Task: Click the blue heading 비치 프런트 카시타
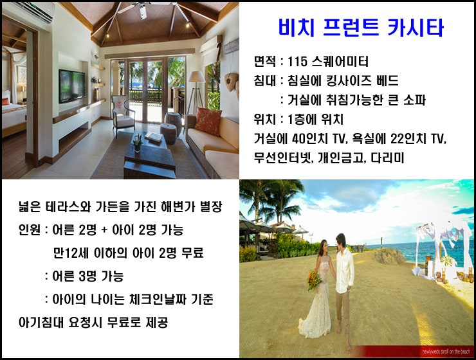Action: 361,27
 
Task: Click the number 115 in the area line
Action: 297,62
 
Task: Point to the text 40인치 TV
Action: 318,139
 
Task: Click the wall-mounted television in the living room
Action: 72,86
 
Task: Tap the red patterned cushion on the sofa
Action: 208,121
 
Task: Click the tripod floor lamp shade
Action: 197,76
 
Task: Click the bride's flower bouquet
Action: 314,280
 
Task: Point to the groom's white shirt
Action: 345,270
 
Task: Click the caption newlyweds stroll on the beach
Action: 446,352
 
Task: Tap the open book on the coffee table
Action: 154,137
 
